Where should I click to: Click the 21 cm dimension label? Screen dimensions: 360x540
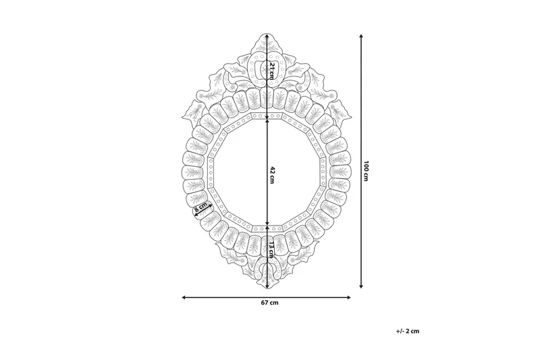pyautogui.click(x=271, y=70)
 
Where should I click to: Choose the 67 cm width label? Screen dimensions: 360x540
pyautogui.click(x=270, y=303)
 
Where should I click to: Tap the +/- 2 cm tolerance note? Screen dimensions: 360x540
pyautogui.click(x=408, y=331)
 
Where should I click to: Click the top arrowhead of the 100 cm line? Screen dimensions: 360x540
pyautogui.click(x=362, y=36)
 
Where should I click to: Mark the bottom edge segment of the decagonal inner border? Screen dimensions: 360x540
pyautogui.click(x=269, y=228)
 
